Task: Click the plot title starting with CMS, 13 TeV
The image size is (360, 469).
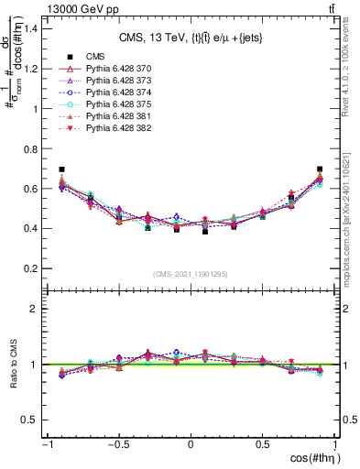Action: click(190, 38)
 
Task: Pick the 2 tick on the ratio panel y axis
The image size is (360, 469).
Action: click(34, 309)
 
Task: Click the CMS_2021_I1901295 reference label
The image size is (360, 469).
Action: click(191, 274)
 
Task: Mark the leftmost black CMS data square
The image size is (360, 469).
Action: click(61, 169)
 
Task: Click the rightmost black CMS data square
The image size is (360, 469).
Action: click(320, 169)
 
